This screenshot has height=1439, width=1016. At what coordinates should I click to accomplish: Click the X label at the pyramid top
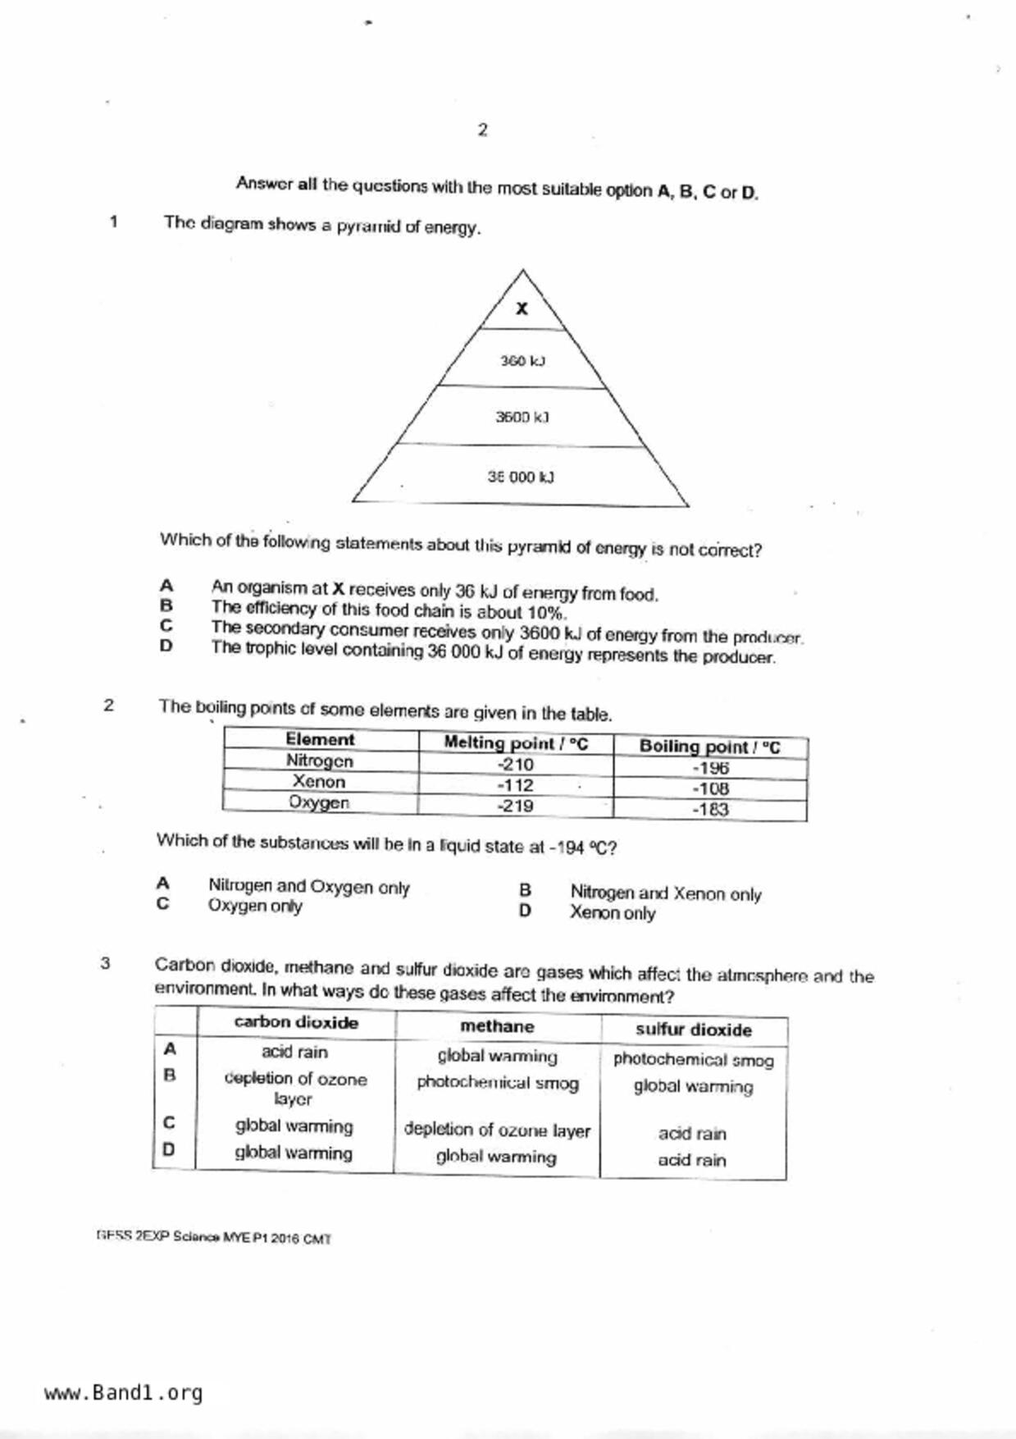pos(522,309)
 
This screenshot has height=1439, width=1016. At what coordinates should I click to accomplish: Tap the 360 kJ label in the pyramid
pos(522,361)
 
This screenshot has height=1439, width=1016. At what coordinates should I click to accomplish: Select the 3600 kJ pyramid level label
pos(522,417)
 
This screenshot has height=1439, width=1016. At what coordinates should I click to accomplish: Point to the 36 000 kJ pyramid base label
pos(521,477)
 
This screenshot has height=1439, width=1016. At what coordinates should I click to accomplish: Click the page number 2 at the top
pos(482,130)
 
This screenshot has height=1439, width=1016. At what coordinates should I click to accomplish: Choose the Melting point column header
pos(516,743)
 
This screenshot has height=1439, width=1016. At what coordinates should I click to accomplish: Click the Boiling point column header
pos(709,747)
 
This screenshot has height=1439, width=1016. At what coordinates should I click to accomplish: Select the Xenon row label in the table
pos(319,782)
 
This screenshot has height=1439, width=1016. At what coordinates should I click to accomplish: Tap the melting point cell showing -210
pos(515,765)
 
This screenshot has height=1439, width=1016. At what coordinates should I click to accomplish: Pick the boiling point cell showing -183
pos(710,810)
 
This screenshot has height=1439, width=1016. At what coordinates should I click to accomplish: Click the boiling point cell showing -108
pos(710,789)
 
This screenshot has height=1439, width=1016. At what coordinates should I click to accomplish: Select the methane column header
pos(497,1026)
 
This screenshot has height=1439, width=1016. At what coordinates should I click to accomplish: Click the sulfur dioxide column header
pos(693,1030)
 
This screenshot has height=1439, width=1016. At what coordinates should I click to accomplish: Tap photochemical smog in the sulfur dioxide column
pos(693,1060)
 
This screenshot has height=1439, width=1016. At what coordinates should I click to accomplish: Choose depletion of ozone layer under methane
pos(497,1130)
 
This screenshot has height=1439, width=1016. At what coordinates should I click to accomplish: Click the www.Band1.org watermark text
pos(123,1393)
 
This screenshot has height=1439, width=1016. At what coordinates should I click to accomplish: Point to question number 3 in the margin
pos(105,963)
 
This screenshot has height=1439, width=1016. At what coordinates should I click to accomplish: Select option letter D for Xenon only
pos(525,911)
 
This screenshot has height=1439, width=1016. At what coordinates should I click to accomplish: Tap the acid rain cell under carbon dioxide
pos(294,1052)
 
